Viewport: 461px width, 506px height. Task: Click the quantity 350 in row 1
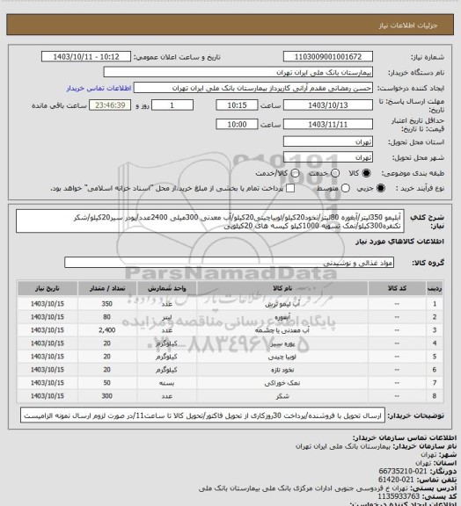(106, 303)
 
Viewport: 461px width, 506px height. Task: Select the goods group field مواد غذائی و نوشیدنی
(238, 262)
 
